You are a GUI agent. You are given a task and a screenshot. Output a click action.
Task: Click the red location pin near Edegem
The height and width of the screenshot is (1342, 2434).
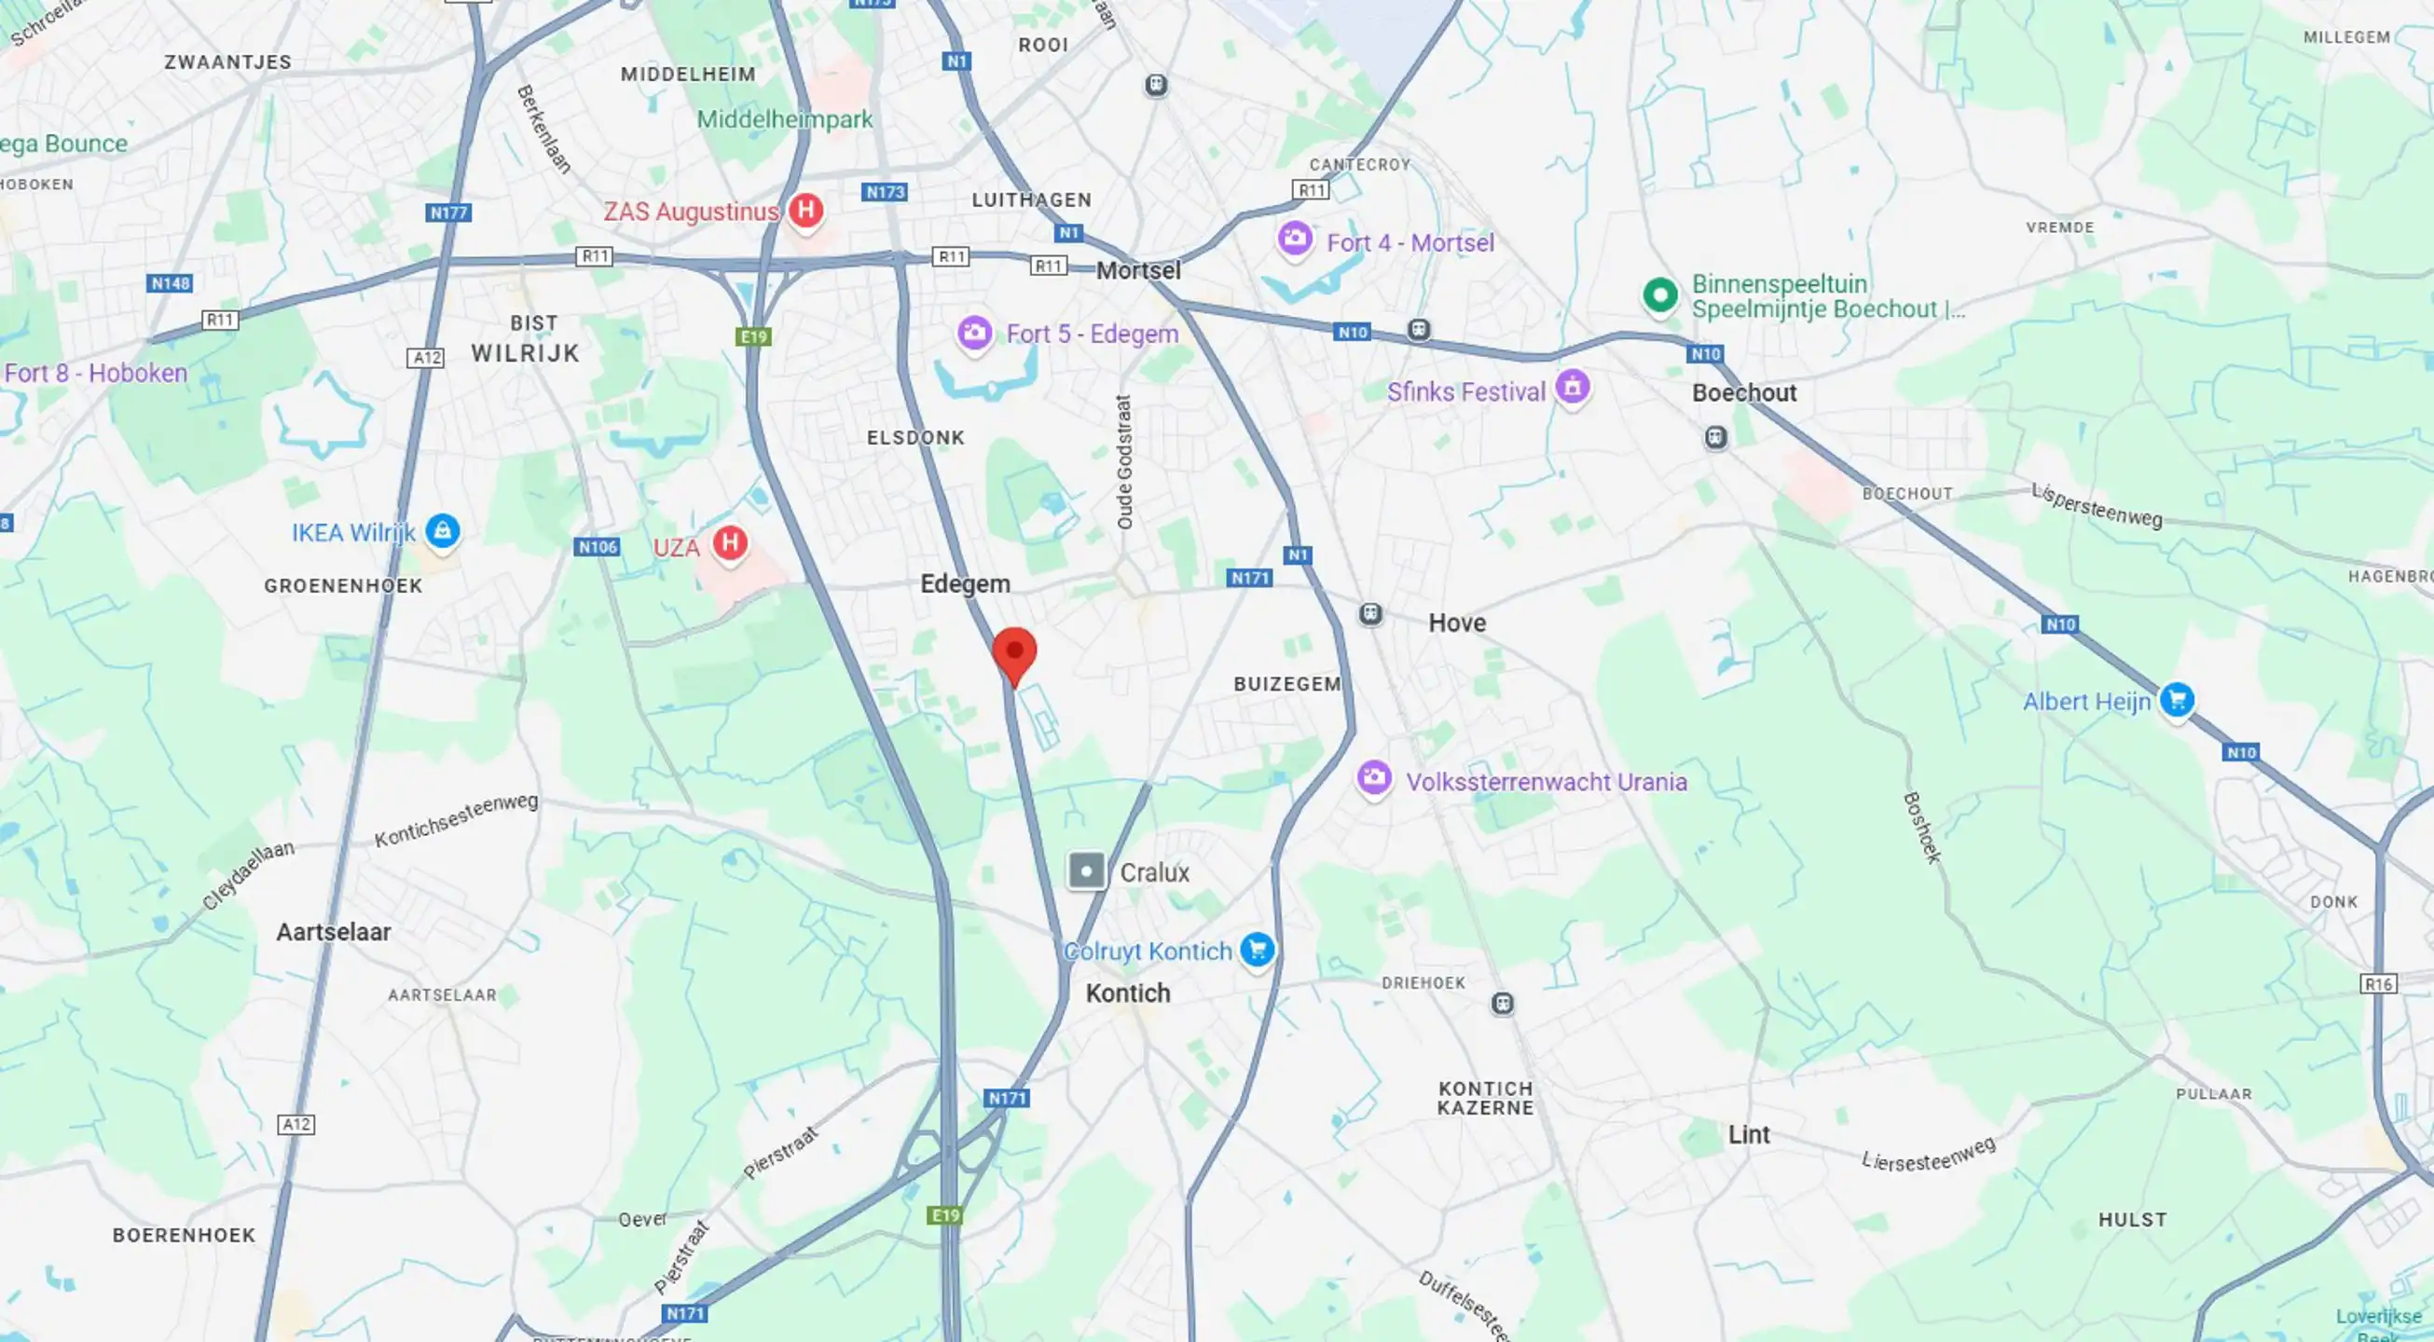pyautogui.click(x=1014, y=652)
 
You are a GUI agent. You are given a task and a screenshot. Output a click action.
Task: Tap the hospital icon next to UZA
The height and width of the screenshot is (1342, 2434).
pyautogui.click(x=729, y=543)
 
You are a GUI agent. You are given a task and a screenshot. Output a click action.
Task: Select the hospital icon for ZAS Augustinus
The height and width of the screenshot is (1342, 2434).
pyautogui.click(x=805, y=209)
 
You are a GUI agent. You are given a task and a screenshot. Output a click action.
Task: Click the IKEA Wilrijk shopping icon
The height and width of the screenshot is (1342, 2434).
pyautogui.click(x=442, y=530)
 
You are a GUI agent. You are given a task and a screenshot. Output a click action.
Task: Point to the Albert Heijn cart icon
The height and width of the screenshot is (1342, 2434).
pyautogui.click(x=2177, y=699)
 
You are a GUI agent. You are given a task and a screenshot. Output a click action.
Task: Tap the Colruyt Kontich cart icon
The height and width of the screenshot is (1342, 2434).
pyautogui.click(x=1258, y=948)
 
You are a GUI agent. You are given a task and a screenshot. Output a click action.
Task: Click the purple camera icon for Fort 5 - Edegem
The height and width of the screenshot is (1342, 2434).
pyautogui.click(x=974, y=333)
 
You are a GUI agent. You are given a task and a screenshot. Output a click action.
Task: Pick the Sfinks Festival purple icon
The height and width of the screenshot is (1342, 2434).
pyautogui.click(x=1573, y=386)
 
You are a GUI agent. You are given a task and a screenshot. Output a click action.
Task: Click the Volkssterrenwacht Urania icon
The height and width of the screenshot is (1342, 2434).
pyautogui.click(x=1374, y=778)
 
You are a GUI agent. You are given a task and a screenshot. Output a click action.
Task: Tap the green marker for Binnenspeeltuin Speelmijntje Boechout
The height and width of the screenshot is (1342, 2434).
pyautogui.click(x=1660, y=294)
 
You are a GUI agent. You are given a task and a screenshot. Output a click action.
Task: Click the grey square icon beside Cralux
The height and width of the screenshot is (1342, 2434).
pyautogui.click(x=1087, y=870)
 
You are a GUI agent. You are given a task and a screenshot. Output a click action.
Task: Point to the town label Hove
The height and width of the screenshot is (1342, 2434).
pyautogui.click(x=1457, y=623)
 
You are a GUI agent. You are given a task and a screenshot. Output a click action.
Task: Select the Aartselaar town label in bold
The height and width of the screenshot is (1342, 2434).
pyautogui.click(x=334, y=932)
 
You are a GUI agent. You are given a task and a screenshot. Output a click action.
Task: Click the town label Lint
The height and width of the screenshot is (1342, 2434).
pyautogui.click(x=1749, y=1134)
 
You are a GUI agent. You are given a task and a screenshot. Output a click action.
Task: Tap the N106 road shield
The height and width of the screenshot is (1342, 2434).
pyautogui.click(x=598, y=547)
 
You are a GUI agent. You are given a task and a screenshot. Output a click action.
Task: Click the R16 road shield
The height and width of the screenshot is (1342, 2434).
pyautogui.click(x=2378, y=984)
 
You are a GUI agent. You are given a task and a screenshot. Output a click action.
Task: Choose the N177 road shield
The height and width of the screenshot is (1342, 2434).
pyautogui.click(x=448, y=212)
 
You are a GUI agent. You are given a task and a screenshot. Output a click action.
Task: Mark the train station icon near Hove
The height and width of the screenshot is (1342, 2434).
pyautogui.click(x=1370, y=614)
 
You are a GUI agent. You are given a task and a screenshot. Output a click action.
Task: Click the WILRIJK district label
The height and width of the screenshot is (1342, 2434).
pyautogui.click(x=526, y=353)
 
